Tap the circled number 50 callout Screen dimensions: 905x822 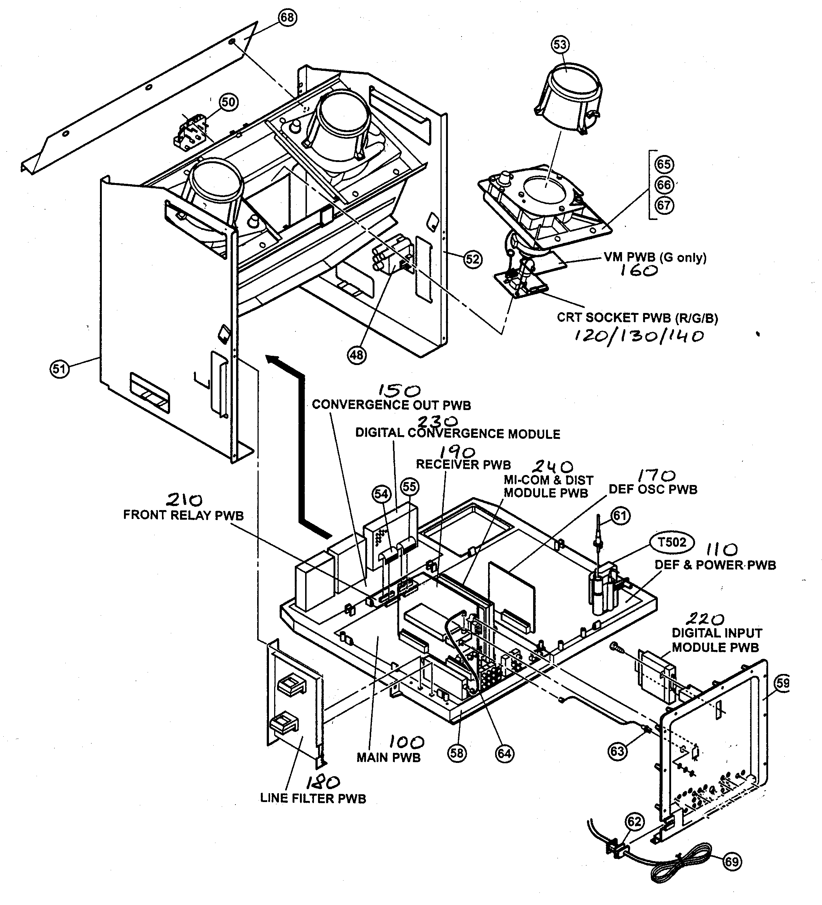(228, 102)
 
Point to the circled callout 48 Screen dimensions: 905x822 (357, 355)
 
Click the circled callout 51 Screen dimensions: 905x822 (59, 369)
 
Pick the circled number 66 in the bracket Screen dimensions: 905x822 (664, 185)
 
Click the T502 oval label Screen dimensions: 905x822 (672, 542)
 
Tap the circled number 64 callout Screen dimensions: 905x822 (504, 753)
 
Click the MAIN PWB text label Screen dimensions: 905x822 (388, 758)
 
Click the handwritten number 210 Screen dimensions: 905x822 (184, 500)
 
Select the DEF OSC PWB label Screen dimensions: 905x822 (653, 490)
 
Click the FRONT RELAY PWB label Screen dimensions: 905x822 (183, 515)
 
